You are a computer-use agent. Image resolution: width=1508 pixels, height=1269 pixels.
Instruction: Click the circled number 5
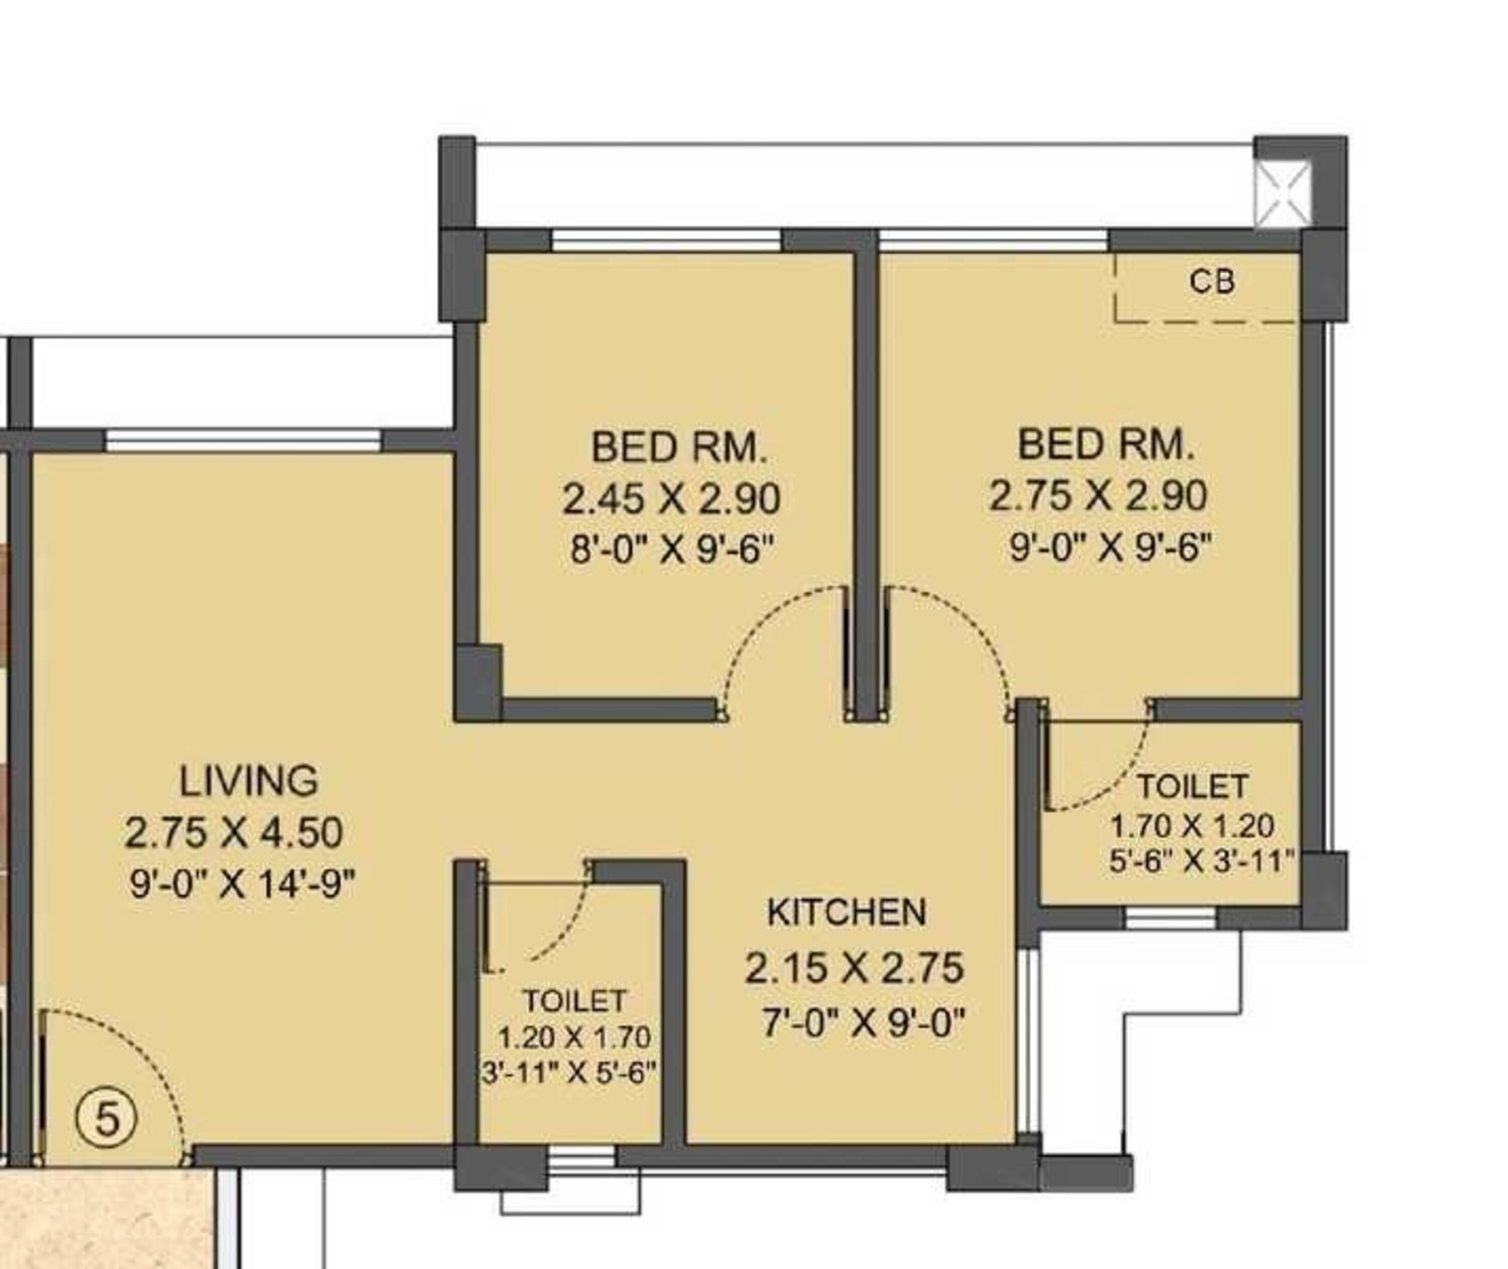point(107,1119)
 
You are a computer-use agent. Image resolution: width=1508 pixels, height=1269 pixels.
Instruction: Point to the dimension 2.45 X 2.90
point(671,499)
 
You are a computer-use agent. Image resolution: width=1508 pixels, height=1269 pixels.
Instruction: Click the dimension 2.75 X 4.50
point(233,832)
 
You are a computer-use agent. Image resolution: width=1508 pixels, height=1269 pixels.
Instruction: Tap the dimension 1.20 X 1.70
point(574,1037)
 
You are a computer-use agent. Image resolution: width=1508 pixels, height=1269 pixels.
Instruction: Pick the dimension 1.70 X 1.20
point(1192,826)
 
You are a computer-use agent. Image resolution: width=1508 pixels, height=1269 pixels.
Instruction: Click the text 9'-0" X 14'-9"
point(242,884)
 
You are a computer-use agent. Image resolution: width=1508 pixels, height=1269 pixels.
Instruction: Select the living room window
point(243,440)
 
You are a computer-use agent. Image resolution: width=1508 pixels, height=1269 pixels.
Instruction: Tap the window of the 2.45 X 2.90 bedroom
point(666,240)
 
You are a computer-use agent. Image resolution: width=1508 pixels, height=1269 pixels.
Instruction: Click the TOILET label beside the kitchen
point(574,1001)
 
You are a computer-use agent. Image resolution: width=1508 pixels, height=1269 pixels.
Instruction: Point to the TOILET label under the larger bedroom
point(1192,787)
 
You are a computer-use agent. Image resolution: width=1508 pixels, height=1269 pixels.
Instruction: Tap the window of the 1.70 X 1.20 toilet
point(1170,917)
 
